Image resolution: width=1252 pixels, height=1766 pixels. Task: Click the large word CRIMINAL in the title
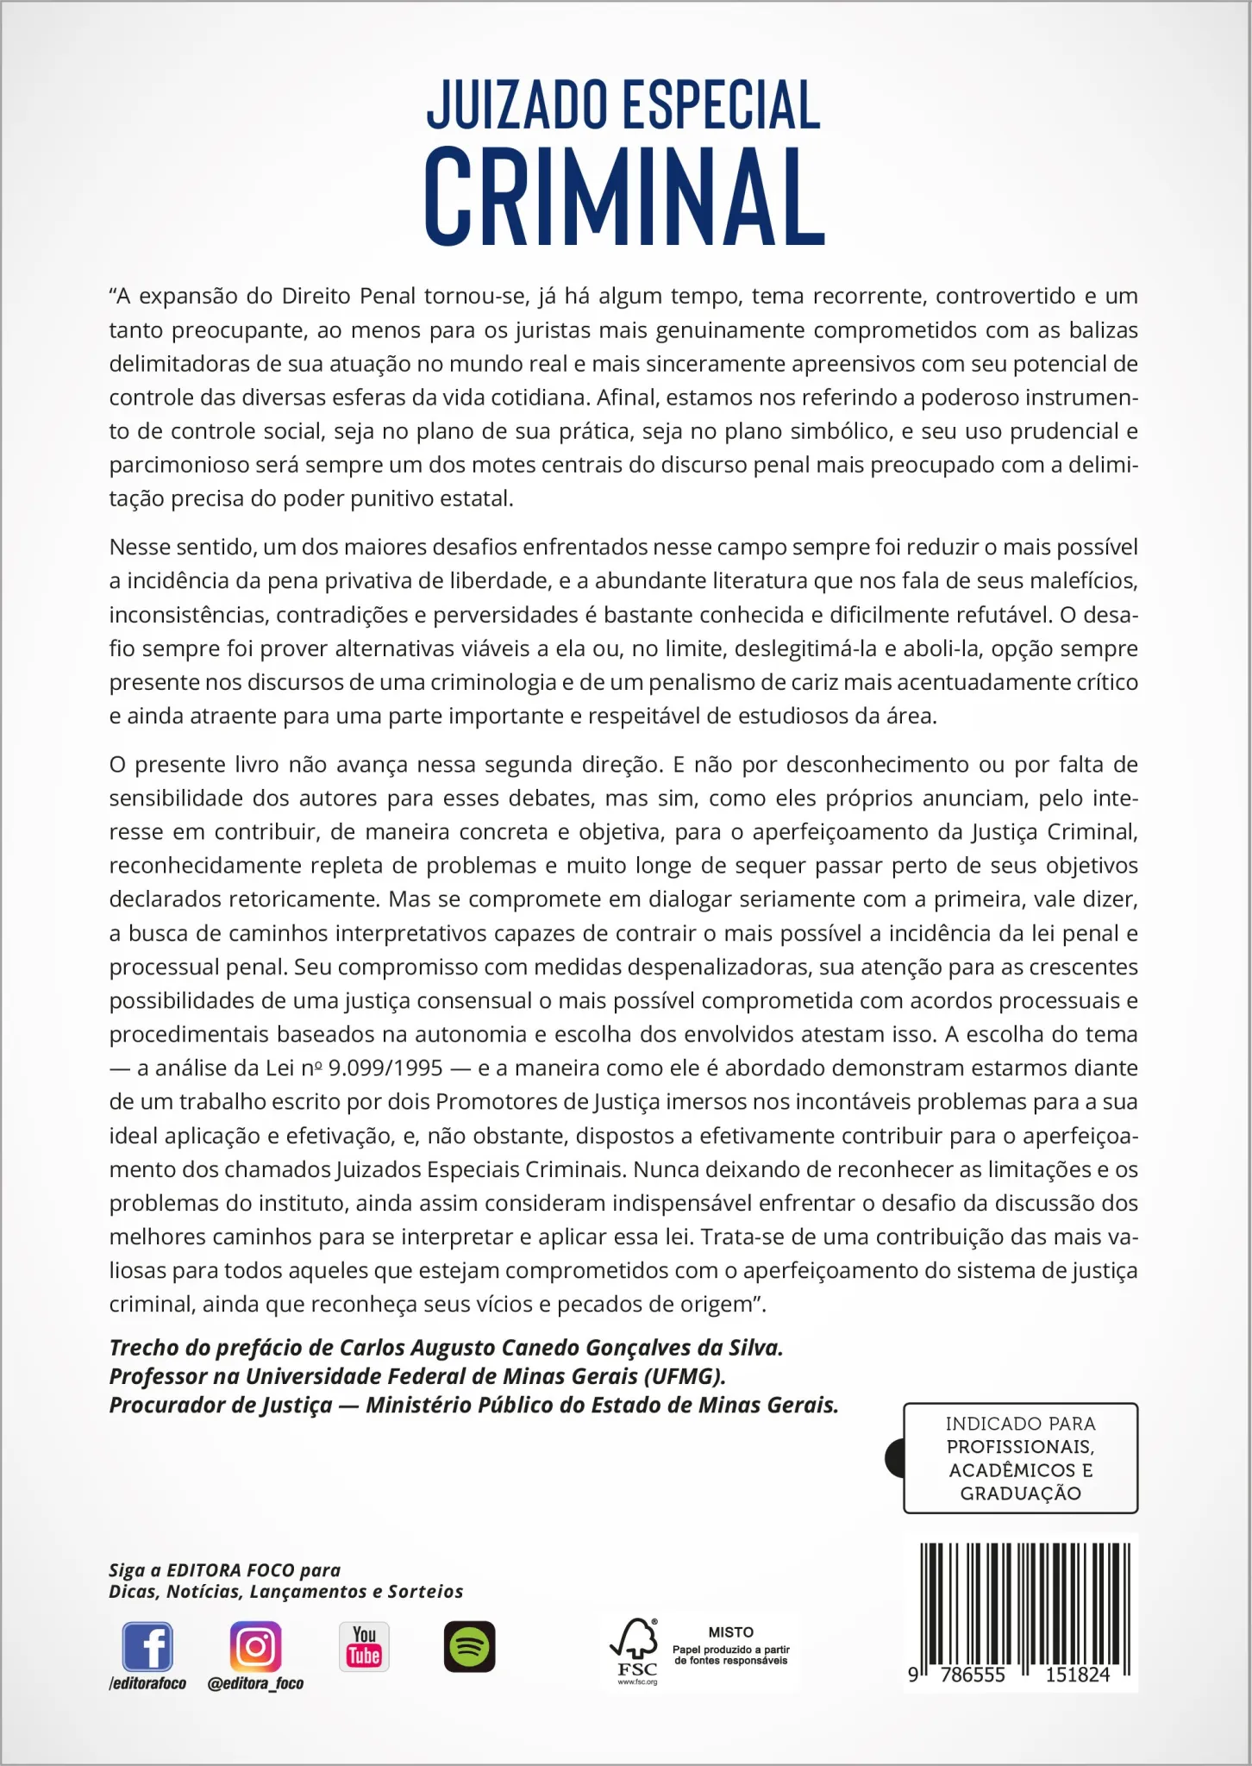tap(624, 197)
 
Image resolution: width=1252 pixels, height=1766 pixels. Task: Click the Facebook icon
tap(147, 1646)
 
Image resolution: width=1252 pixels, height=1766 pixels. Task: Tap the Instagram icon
tap(255, 1646)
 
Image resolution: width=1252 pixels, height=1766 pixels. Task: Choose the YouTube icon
tap(364, 1646)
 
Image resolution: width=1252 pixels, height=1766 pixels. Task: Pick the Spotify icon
tap(469, 1646)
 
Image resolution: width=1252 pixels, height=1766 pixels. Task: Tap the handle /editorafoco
tap(147, 1683)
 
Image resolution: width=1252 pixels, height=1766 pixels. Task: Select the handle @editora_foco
tap(255, 1683)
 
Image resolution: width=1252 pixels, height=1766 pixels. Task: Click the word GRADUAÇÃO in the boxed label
tap(1020, 1494)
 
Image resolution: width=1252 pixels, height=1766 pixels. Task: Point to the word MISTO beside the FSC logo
tap(730, 1631)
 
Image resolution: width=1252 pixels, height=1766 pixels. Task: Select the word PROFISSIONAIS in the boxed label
tap(1020, 1446)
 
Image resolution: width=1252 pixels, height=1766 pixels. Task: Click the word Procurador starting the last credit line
tap(161, 1406)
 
